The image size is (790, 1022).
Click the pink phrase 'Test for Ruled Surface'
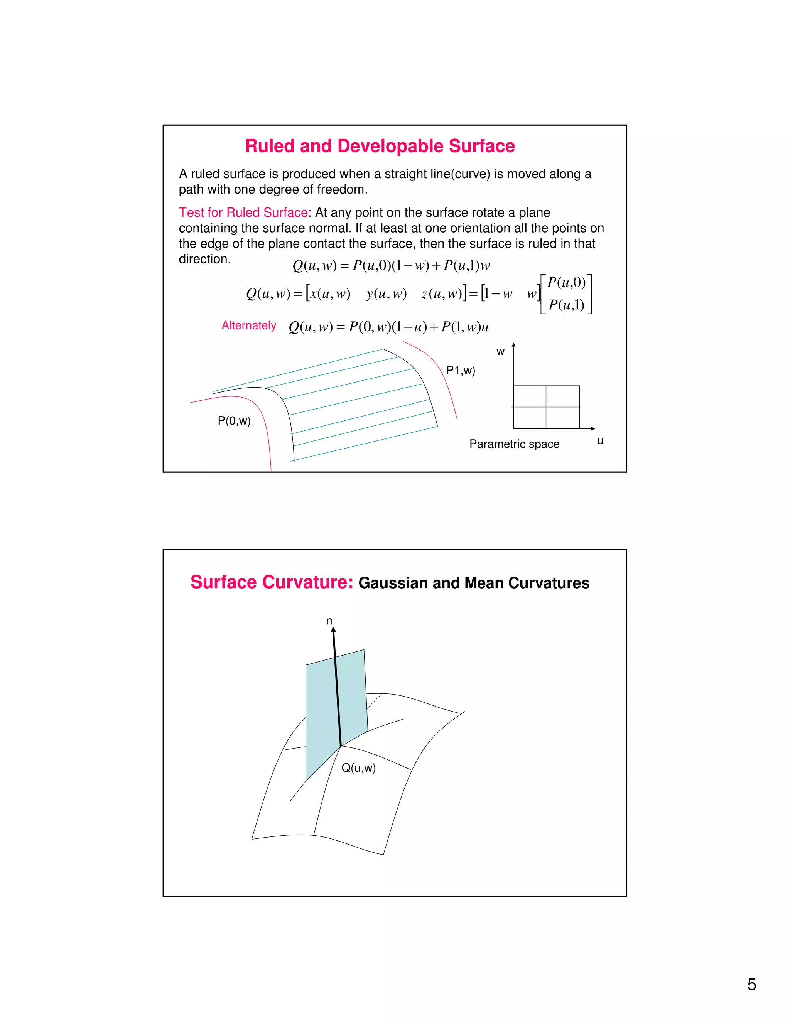click(243, 212)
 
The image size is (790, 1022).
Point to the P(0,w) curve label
click(234, 421)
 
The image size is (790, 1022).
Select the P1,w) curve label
click(461, 371)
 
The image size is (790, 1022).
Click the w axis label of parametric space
click(500, 351)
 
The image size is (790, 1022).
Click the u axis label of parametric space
click(600, 440)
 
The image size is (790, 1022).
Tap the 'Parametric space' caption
click(514, 444)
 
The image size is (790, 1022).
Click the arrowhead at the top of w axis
click(513, 345)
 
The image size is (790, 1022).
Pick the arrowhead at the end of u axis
click(593, 428)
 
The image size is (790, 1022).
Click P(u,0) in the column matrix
click(566, 282)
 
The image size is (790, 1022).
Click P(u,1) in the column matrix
click(566, 305)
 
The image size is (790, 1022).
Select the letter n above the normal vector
click(329, 621)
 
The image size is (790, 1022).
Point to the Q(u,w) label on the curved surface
click(358, 767)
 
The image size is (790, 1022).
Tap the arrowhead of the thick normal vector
click(333, 630)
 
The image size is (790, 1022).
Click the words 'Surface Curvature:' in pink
click(272, 582)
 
